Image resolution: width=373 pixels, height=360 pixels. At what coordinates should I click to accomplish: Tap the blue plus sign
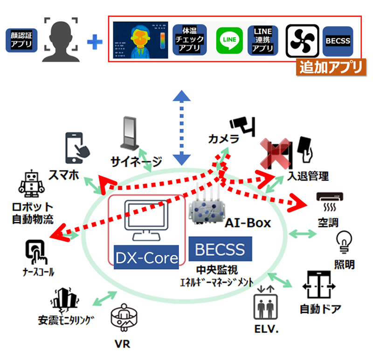(x=95, y=42)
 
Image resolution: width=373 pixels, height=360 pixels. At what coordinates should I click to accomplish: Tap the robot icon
(x=30, y=185)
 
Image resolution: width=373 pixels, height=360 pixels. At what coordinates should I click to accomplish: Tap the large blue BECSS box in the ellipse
(x=221, y=249)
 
